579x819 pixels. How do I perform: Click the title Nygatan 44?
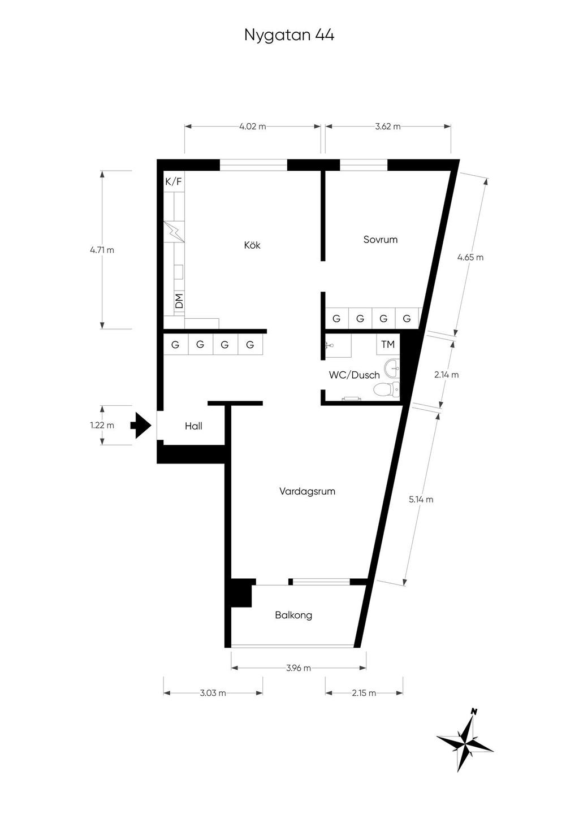[x=289, y=35]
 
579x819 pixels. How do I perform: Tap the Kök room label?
[x=252, y=245]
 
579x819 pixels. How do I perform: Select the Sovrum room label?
[x=380, y=240]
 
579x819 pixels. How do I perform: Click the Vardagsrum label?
[x=307, y=491]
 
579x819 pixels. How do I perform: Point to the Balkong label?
[x=293, y=615]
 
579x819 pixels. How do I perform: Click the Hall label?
[x=193, y=426]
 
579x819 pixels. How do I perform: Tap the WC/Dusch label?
[x=354, y=375]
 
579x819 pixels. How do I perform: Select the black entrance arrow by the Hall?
[x=140, y=426]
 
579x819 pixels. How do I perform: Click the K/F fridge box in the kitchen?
[x=174, y=182]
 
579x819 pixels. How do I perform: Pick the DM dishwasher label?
[x=179, y=301]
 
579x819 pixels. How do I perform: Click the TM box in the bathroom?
[x=388, y=344]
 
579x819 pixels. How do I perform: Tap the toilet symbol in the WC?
[x=386, y=389]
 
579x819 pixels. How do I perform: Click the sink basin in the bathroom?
[x=392, y=369]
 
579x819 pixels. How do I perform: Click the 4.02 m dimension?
[x=252, y=127]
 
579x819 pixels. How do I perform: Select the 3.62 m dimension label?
[x=387, y=127]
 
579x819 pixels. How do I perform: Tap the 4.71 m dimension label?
[x=102, y=250]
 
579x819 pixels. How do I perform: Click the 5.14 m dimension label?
[x=421, y=500]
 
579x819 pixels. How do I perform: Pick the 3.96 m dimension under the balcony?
[x=299, y=668]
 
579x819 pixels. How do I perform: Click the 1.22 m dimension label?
[x=102, y=425]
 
